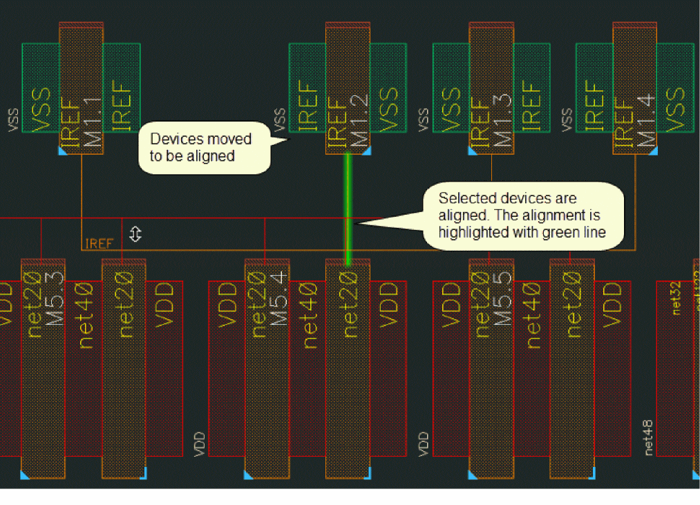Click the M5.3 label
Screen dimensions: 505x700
(x=55, y=298)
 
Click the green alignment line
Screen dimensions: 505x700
(x=348, y=207)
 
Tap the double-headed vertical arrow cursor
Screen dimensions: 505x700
(x=135, y=234)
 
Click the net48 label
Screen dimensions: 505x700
(x=648, y=437)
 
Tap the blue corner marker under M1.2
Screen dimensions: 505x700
(x=367, y=151)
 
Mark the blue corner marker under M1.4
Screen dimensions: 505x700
(x=654, y=151)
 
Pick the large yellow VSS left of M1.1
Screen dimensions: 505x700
(x=41, y=109)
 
